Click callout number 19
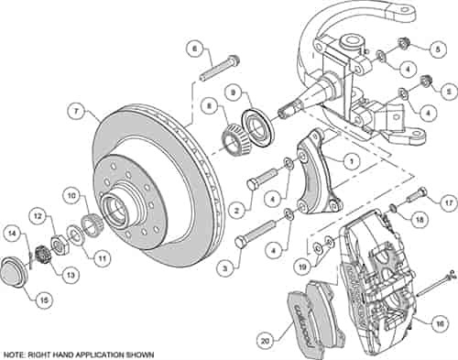[299, 267]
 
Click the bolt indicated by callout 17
[417, 195]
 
